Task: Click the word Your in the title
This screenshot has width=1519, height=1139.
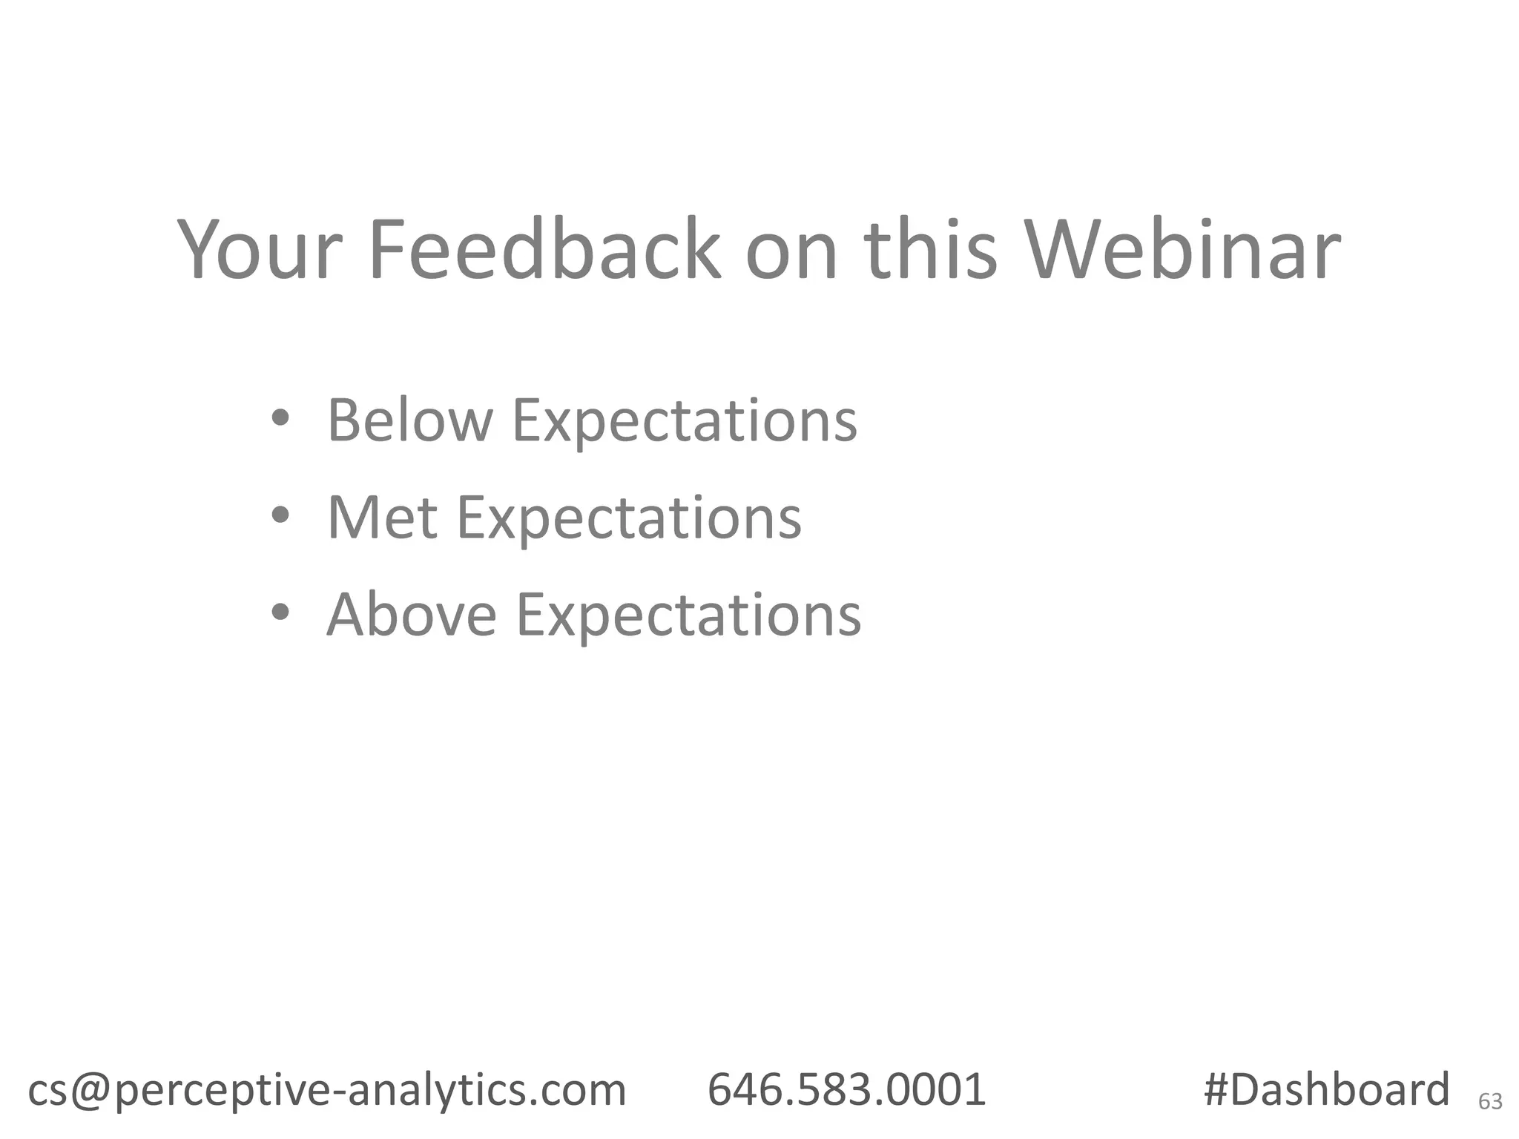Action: tap(260, 250)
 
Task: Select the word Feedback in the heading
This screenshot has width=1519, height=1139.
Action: tap(544, 250)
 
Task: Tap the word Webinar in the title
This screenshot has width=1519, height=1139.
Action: tap(1182, 250)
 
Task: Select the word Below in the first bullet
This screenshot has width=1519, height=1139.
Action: tap(409, 420)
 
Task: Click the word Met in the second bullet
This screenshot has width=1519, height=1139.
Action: tap(381, 518)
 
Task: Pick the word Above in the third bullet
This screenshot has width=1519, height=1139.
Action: tap(412, 615)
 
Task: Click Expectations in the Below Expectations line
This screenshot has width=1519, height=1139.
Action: tap(685, 421)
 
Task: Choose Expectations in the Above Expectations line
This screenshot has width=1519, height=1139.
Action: tap(688, 616)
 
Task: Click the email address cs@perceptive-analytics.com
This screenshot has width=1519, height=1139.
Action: tap(327, 1090)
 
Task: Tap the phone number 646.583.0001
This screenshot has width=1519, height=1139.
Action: tap(846, 1090)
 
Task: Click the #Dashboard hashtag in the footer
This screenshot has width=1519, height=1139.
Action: tap(1325, 1090)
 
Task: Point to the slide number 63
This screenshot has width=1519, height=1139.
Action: tap(1490, 1102)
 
